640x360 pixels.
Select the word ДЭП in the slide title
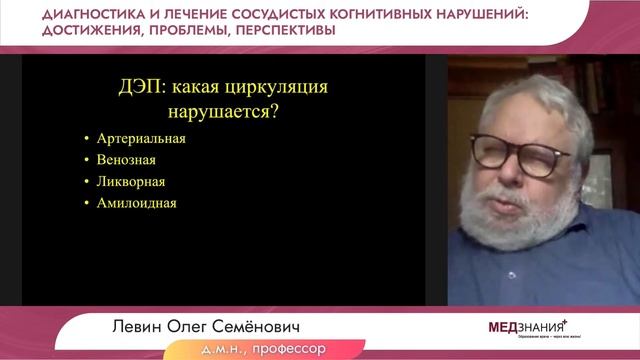(x=137, y=87)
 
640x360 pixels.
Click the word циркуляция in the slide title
(x=275, y=87)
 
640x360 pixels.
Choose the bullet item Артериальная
(x=142, y=139)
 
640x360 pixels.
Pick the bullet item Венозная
(x=127, y=160)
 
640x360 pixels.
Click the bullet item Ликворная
(x=132, y=182)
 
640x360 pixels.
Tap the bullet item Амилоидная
(x=137, y=203)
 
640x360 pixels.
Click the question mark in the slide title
(x=273, y=111)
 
